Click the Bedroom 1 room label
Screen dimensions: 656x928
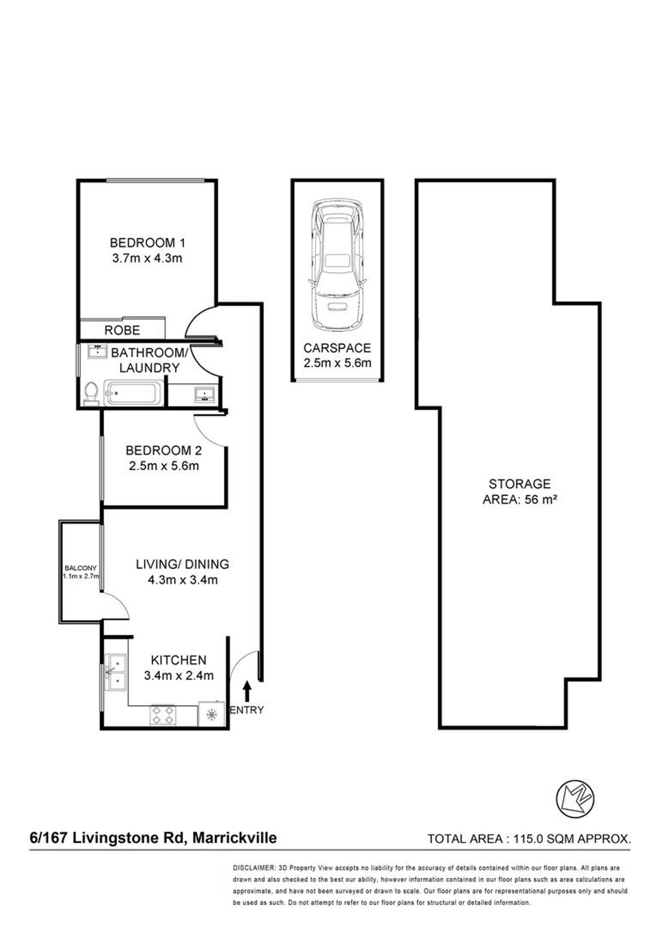[x=148, y=243]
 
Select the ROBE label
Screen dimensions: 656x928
[x=122, y=330]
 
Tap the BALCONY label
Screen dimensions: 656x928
[x=80, y=568]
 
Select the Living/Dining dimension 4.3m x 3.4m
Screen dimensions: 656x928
[x=183, y=580]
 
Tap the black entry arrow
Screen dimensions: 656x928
[x=247, y=691]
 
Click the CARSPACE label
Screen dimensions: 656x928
[x=337, y=348]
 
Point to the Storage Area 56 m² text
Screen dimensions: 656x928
[x=520, y=491]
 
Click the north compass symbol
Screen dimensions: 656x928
[x=576, y=799]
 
